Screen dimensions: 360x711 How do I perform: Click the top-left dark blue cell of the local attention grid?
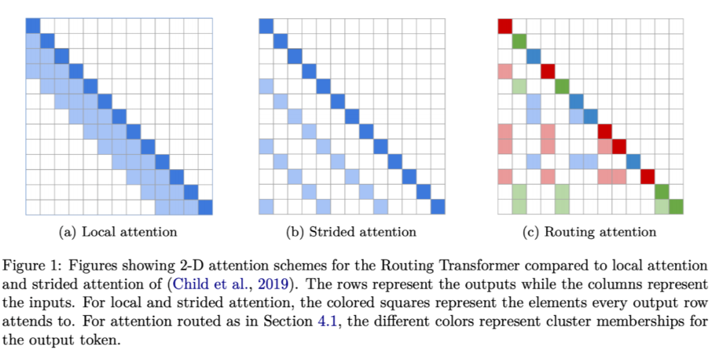(33, 26)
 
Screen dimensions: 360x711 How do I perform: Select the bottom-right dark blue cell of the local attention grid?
(205, 206)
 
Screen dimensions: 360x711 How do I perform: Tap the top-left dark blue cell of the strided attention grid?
(266, 26)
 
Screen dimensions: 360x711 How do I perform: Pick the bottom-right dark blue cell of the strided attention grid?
(438, 206)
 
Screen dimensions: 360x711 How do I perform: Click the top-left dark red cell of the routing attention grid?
(505, 26)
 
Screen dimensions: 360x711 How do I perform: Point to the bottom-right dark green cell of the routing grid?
(676, 206)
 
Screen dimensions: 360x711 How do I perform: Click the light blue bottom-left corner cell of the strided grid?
(266, 206)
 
